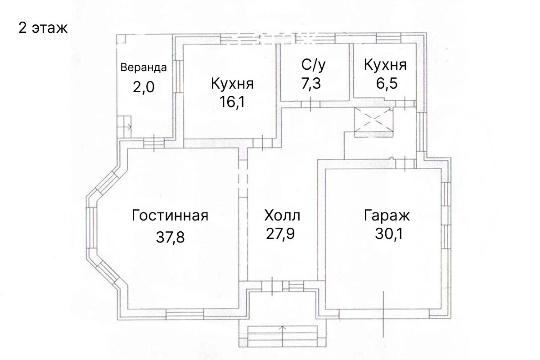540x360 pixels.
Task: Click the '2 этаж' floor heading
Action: coord(43,28)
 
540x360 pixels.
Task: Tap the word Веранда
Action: coord(144,67)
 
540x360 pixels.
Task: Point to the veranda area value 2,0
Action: coord(144,87)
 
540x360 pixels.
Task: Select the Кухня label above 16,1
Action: coord(232,84)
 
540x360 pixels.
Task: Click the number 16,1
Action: coord(232,102)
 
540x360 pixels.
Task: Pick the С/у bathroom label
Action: coord(313,65)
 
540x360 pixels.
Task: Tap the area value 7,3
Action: coord(311,83)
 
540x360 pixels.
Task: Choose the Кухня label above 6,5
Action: coord(385,65)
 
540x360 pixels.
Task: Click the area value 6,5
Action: coord(387,83)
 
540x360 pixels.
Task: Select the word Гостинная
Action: coord(170,215)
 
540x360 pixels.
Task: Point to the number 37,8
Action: coord(170,237)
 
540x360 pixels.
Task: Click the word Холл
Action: coord(282,215)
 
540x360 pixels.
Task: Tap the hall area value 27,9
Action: coord(280,234)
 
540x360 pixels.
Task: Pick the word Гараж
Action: coord(387,215)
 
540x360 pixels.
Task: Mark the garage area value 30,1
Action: coord(389,234)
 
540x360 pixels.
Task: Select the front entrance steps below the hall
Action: coord(283,336)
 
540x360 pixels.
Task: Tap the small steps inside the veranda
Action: coord(124,127)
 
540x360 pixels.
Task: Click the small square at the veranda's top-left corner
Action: coord(121,39)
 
